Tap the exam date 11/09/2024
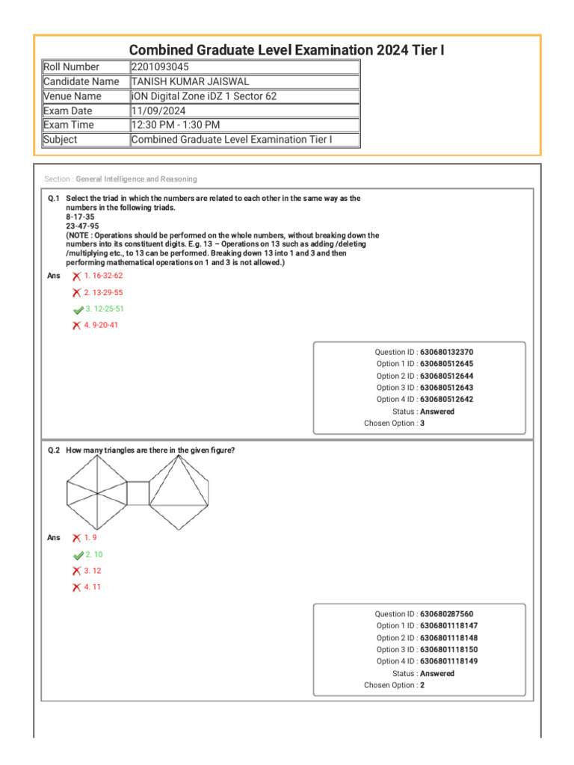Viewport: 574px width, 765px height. (x=158, y=111)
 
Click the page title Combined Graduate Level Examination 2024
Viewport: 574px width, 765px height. (x=287, y=49)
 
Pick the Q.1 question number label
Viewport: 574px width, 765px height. (x=54, y=199)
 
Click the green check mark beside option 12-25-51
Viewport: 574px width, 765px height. (x=78, y=309)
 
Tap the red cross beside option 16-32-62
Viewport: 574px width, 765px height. (x=76, y=276)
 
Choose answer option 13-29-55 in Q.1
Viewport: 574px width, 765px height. (x=103, y=293)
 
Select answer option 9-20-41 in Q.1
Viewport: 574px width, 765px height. (x=101, y=326)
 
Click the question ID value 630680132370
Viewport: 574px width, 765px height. (x=447, y=352)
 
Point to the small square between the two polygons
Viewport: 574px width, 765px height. (x=138, y=493)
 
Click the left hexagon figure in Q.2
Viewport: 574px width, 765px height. (x=96, y=493)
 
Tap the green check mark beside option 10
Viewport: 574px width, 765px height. (x=78, y=555)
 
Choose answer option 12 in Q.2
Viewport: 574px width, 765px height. (x=93, y=571)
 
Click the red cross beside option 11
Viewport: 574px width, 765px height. (x=76, y=587)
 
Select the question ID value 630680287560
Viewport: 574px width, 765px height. (x=447, y=614)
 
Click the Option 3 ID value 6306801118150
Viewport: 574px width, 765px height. (x=449, y=650)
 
